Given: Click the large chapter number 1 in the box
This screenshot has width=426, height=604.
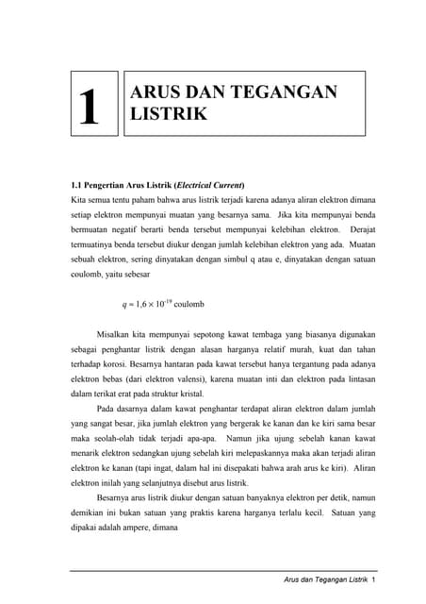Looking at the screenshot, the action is (90, 109).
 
